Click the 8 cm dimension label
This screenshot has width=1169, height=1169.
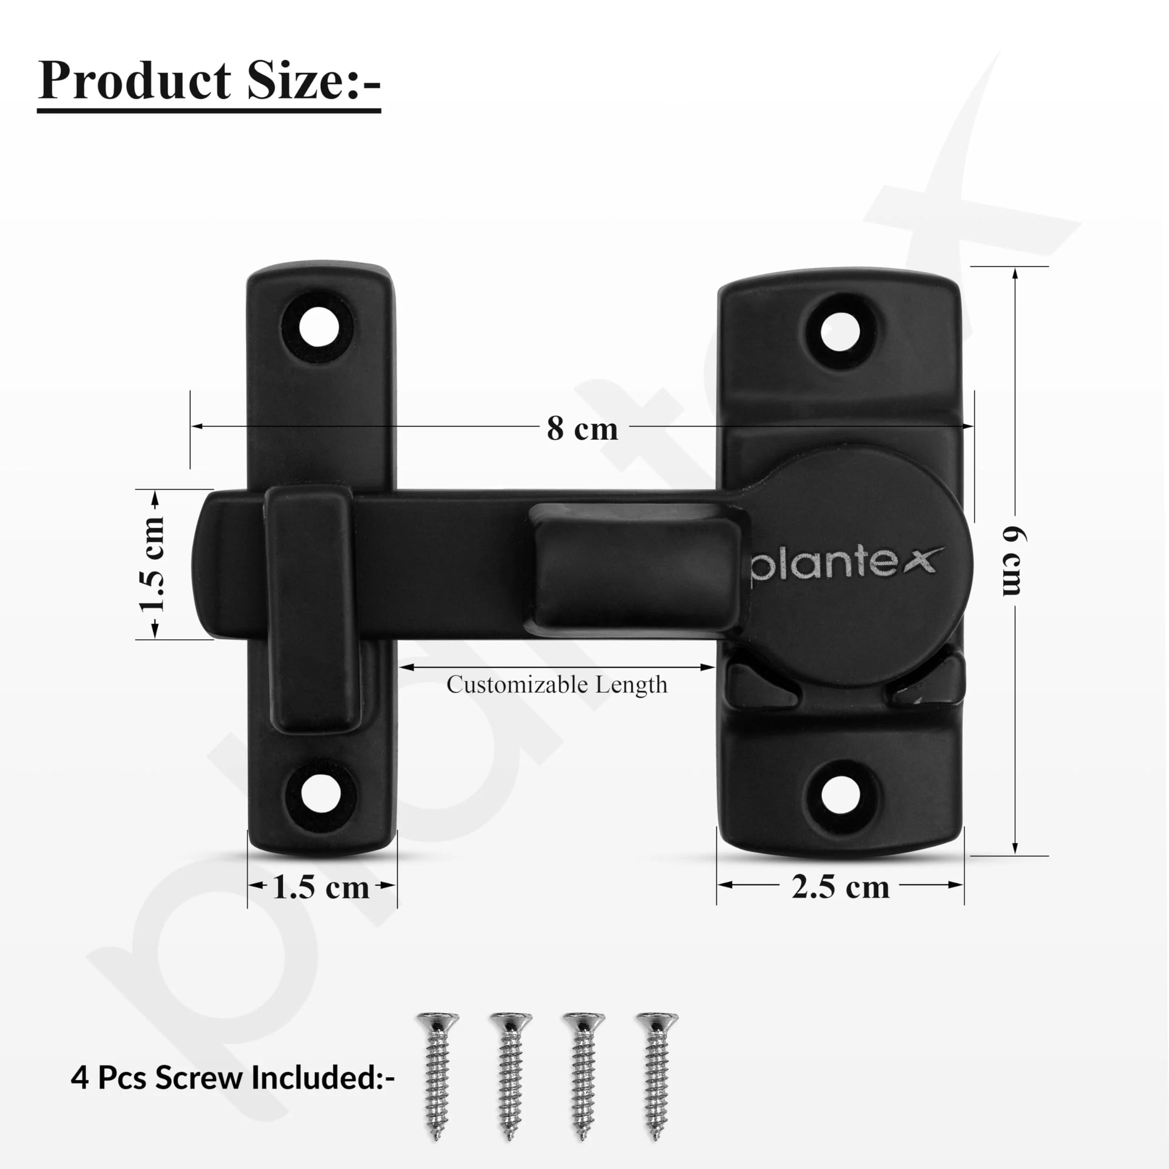tap(582, 428)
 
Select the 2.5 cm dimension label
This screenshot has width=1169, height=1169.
tap(840, 887)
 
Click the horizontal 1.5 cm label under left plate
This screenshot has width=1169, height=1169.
tap(321, 888)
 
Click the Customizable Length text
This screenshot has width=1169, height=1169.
tap(557, 685)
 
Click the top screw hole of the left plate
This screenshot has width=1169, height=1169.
tap(319, 327)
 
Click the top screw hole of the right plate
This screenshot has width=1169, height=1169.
tap(840, 330)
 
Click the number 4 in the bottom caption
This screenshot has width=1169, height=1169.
tap(79, 1078)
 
